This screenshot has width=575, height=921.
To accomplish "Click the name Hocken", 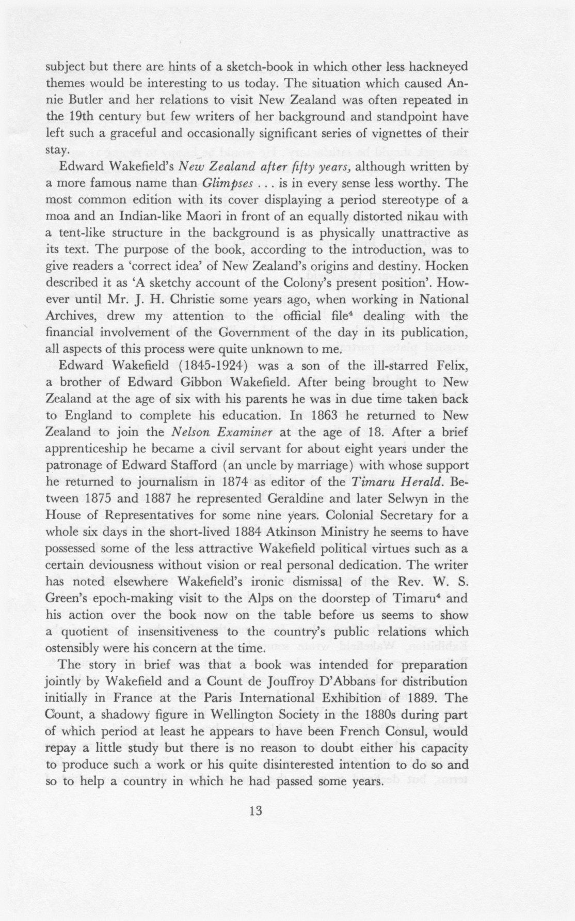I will coord(446,267).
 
